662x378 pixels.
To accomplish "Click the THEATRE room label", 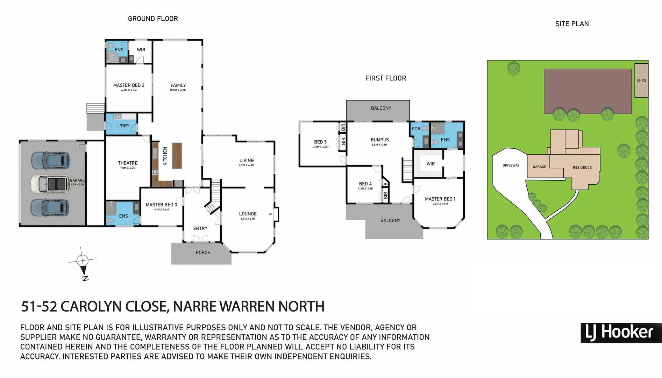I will point(128,163).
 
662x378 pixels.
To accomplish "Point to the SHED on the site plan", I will point(641,81).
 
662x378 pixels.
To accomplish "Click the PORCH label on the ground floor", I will point(203,252).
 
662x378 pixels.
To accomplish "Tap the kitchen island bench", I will point(177,156).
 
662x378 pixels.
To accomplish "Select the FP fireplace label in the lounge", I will point(270,214).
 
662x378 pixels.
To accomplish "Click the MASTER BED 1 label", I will point(440,199).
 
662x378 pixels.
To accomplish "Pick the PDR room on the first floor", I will point(416,129).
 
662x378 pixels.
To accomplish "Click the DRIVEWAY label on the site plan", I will point(511,165).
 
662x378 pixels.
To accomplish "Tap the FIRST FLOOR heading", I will point(385,78).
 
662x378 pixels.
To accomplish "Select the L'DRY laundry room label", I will point(123,126).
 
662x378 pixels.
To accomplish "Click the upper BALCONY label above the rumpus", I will point(381,108).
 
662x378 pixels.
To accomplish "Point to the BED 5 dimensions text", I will point(320,147).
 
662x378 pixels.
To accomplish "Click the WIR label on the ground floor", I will point(141,50).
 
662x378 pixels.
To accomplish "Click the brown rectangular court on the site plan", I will point(588,91).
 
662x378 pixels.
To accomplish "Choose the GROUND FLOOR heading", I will point(153,19).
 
